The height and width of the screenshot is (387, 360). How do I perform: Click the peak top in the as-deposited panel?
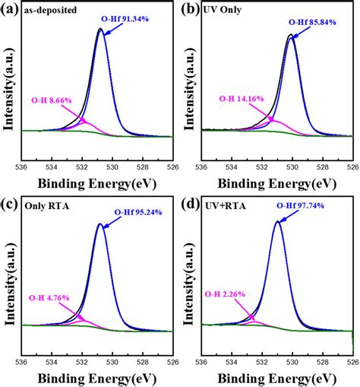tap(100, 30)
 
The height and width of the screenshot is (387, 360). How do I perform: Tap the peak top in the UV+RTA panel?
tap(278, 222)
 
